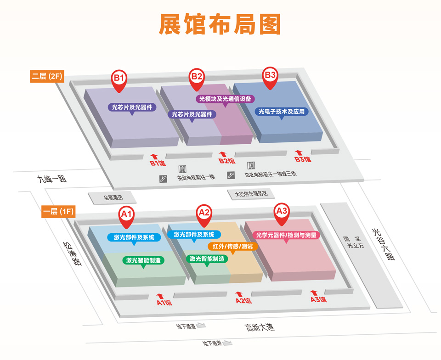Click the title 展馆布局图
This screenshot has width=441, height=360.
tap(220, 24)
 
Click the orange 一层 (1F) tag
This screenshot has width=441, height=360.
tap(58, 212)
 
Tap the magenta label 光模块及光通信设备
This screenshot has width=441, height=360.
tap(226, 99)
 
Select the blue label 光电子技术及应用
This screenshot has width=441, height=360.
tap(282, 112)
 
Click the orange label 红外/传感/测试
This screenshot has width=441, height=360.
tap(233, 247)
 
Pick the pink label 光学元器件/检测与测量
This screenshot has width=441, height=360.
tap(286, 235)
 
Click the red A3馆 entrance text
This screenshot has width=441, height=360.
tap(318, 300)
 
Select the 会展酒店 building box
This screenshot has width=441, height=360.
tap(113, 197)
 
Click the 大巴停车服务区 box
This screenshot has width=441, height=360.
tap(251, 194)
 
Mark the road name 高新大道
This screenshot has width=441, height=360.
tap(259, 327)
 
